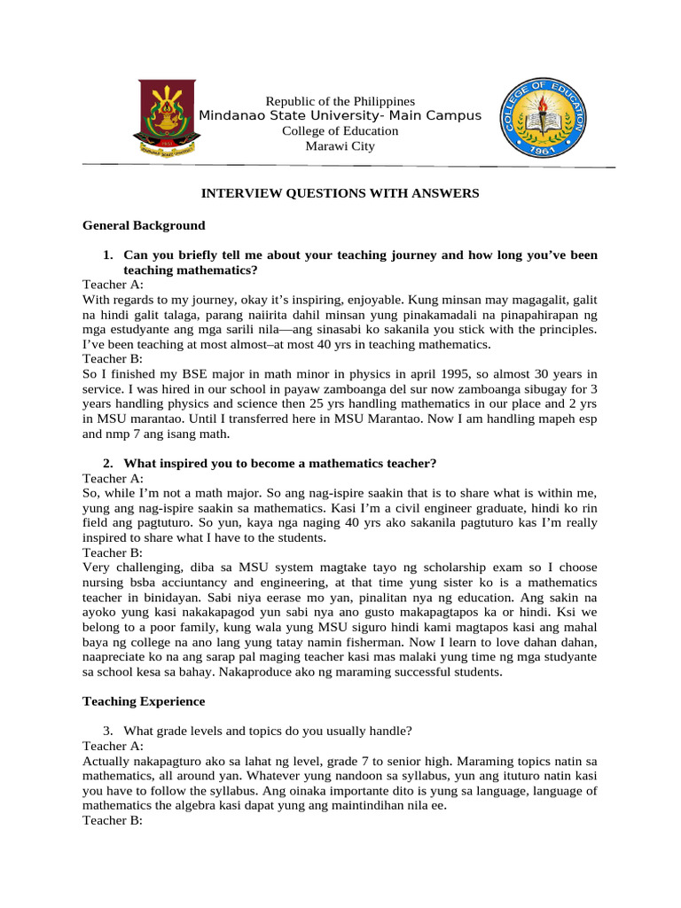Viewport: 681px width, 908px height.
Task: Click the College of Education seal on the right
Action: (x=540, y=117)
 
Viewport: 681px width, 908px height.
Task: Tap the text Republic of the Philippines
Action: (x=340, y=102)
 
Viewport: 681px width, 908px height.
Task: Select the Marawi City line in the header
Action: (x=340, y=146)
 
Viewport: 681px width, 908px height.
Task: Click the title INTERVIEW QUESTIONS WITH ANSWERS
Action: (x=340, y=192)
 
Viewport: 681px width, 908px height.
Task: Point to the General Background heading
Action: (x=144, y=225)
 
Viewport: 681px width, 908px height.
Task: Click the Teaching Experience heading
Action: (x=144, y=701)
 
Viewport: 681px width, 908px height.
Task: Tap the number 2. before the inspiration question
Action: (x=109, y=464)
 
